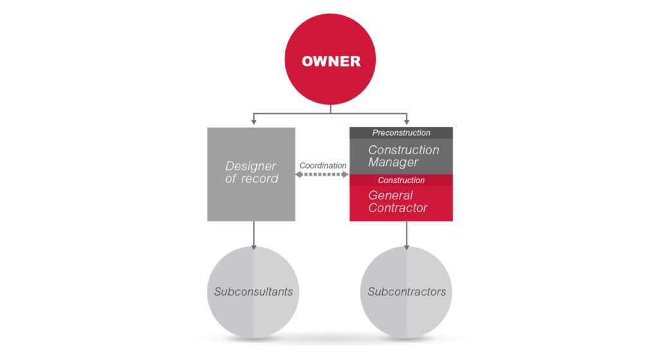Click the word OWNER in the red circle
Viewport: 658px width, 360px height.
[331, 62]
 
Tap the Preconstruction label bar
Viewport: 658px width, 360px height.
[401, 133]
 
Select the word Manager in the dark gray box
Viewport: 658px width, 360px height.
[393, 163]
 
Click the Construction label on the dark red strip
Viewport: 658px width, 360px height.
[401, 181]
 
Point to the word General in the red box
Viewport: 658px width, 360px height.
[391, 195]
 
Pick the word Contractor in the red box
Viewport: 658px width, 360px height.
[398, 208]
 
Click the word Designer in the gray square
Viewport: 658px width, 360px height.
[251, 166]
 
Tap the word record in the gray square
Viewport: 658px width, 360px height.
[259, 179]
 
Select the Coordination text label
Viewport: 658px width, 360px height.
[323, 165]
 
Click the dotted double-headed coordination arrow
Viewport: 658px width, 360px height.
[323, 174]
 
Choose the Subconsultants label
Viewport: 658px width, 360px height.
[253, 292]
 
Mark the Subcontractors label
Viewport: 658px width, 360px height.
[406, 292]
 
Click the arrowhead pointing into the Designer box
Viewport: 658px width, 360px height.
[254, 122]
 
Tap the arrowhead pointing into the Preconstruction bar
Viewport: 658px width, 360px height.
[406, 122]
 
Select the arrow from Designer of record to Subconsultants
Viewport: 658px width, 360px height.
[254, 235]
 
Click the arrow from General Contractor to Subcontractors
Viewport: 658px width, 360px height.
[406, 235]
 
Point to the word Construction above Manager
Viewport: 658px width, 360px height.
[404, 150]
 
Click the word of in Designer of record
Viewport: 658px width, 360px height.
[231, 179]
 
